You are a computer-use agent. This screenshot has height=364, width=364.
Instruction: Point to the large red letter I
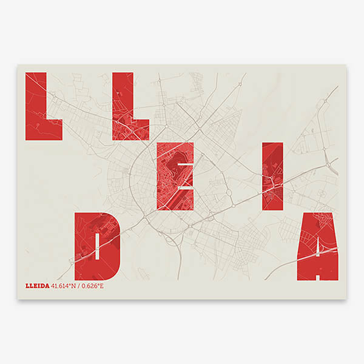[271, 176]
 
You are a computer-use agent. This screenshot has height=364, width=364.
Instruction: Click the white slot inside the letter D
[97, 245]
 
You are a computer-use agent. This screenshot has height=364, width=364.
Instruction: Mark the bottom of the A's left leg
[304, 273]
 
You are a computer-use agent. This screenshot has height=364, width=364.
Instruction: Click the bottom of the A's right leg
[331, 273]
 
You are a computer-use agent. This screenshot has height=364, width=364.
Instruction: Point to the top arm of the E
[175, 149]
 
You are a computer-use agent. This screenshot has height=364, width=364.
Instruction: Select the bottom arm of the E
[175, 203]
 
